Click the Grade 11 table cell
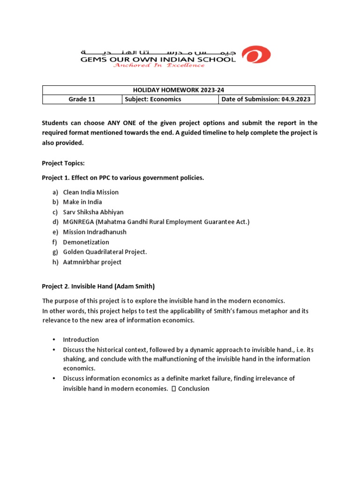(82, 99)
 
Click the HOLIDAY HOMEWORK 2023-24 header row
(179, 90)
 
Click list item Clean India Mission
(91, 192)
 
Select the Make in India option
(82, 202)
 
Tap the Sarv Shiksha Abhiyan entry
(93, 212)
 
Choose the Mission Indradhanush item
(95, 232)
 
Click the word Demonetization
(86, 242)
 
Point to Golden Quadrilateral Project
(105, 252)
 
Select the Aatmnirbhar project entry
(92, 262)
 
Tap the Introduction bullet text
(81, 339)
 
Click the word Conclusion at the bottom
(194, 389)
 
